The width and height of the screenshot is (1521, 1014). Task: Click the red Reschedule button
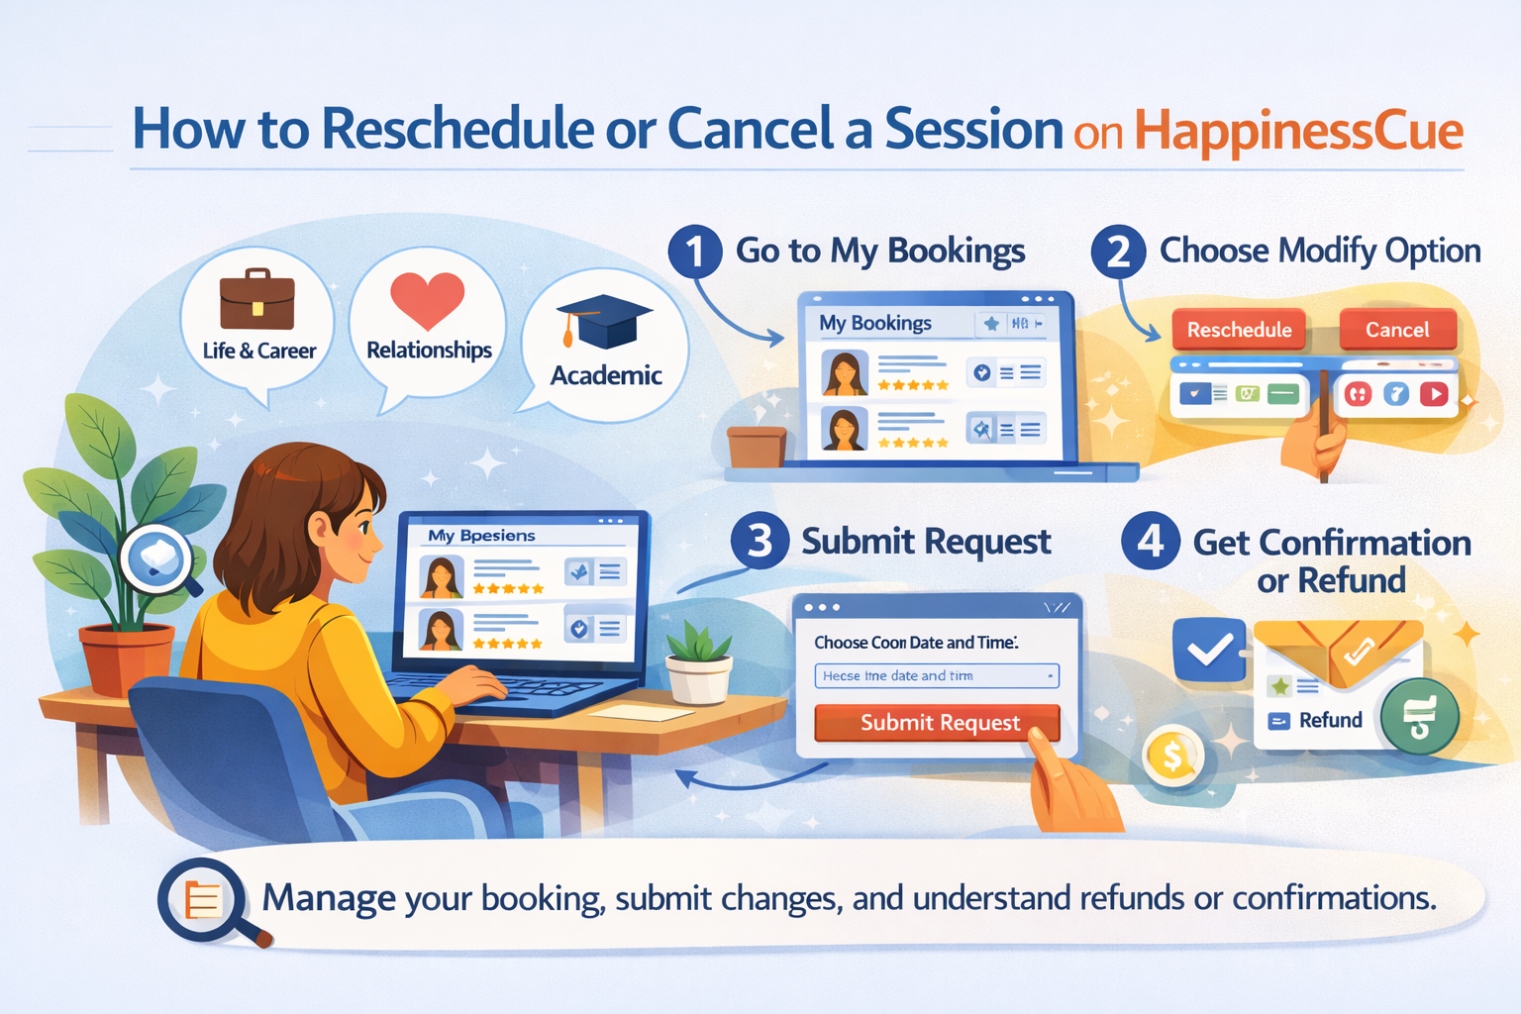[x=1239, y=330]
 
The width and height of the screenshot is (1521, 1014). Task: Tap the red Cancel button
[x=1397, y=330]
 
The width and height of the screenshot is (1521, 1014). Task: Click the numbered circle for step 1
[x=695, y=252]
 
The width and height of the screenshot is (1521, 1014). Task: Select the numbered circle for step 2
[x=1118, y=252]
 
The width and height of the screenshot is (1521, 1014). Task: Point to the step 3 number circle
[x=760, y=542]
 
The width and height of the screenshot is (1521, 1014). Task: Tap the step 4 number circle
[x=1150, y=542]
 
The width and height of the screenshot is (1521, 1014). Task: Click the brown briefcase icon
[x=257, y=299]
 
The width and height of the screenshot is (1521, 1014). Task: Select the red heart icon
[x=427, y=299]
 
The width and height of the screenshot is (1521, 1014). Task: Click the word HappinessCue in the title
[x=1298, y=131]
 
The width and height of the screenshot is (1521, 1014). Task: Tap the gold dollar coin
[x=1172, y=757]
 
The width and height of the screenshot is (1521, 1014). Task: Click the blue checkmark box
[x=1209, y=650]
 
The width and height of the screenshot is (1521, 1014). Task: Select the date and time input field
[x=936, y=675]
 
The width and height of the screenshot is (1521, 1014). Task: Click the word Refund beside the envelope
[x=1330, y=720]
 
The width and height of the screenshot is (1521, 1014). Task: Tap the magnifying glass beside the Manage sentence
[x=205, y=900]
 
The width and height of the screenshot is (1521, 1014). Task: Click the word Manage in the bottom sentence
[x=329, y=898]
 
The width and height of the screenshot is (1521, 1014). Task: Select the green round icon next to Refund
[x=1419, y=717]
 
